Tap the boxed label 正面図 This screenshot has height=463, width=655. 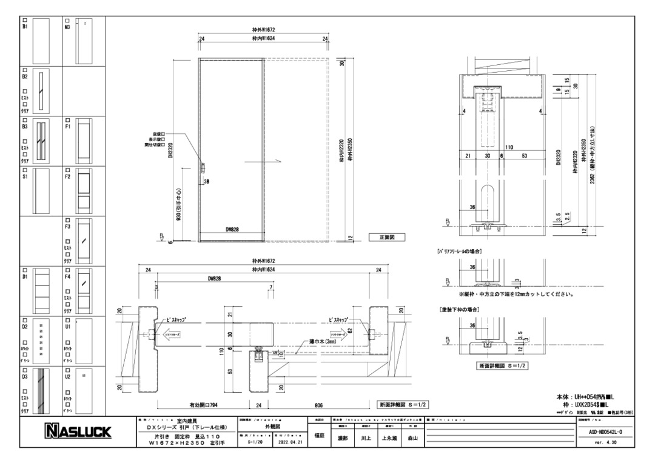(386, 238)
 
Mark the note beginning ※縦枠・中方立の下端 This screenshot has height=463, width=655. (516, 295)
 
